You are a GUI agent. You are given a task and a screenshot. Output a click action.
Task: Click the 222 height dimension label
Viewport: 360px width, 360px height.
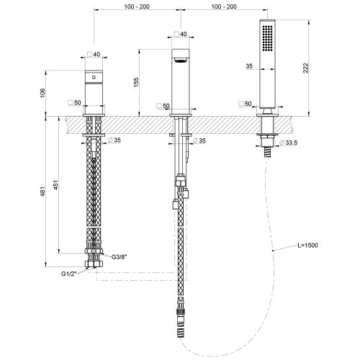[305, 68]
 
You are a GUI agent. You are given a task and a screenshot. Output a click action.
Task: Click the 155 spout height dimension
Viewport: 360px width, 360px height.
[136, 82]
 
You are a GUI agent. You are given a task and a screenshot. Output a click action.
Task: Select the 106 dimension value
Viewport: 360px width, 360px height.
[42, 93]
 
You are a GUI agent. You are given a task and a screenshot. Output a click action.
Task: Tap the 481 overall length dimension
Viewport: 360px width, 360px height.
[42, 192]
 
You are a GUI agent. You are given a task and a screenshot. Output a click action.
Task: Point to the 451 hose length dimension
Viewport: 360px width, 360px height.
[55, 185]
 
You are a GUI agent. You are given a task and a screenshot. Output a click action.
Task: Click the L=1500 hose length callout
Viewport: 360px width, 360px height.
[307, 246]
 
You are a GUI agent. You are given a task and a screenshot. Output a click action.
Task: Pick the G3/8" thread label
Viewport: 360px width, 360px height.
[119, 257]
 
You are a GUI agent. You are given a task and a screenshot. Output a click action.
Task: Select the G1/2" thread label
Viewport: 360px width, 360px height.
[68, 274]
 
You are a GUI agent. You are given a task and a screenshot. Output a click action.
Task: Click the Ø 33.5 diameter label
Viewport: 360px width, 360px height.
[289, 143]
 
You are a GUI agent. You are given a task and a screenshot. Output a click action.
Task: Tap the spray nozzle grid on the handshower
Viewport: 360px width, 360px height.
[268, 38]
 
